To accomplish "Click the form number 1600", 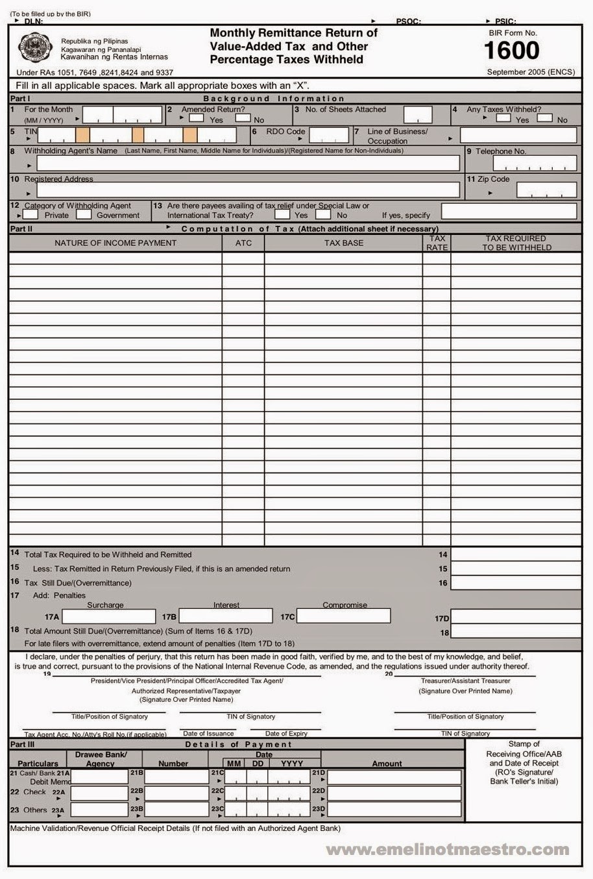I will [512, 51].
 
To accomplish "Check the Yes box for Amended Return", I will [197, 118].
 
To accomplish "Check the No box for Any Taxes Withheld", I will [544, 118].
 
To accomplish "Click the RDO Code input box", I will [329, 135].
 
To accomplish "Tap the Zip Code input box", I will [546, 190].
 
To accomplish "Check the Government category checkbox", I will [84, 214].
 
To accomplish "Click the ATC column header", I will [243, 243].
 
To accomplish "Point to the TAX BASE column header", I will [343, 243].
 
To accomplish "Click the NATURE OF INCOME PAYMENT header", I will [115, 243].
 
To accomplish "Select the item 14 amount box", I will [515, 554].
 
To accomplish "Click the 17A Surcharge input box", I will [108, 616].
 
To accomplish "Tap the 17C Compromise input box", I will [343, 616].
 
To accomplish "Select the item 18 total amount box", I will [515, 632].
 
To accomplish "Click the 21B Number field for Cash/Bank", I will [175, 776].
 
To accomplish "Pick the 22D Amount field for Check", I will [394, 793].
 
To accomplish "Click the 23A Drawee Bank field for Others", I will [99, 810].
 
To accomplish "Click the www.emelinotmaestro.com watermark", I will [448, 849].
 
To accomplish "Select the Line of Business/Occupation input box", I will [518, 135].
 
